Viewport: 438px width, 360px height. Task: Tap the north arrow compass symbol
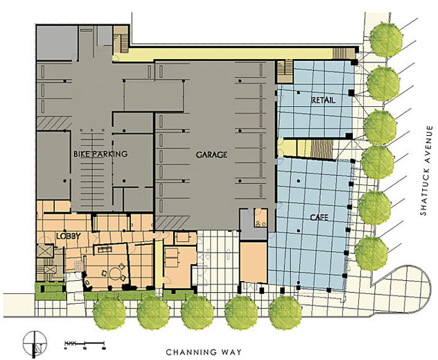38,341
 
